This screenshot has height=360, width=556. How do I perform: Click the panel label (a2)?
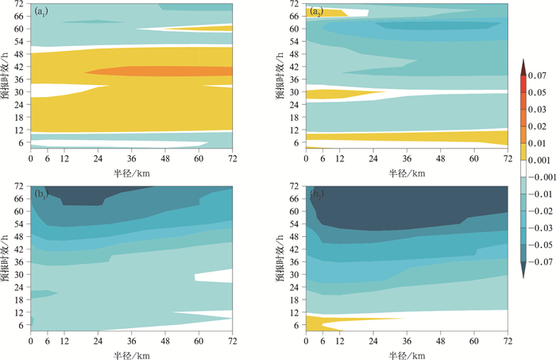[315, 10]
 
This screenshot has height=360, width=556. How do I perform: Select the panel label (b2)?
[315, 194]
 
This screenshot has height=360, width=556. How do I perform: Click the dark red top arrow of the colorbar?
[524, 66]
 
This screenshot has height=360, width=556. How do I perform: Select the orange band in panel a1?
[159, 72]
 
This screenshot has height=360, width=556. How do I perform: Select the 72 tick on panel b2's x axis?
[507, 343]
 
